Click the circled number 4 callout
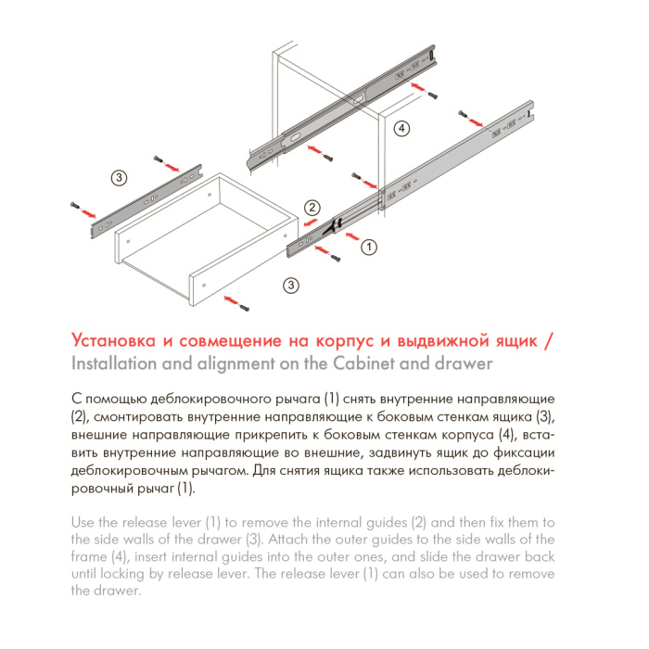401,129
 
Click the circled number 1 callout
368,247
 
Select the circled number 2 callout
313,207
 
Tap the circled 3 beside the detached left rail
119,177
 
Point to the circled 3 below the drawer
291,285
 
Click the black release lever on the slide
337,223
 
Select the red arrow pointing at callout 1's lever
350,236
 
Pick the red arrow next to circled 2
306,223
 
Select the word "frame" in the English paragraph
91,556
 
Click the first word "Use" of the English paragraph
83,522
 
